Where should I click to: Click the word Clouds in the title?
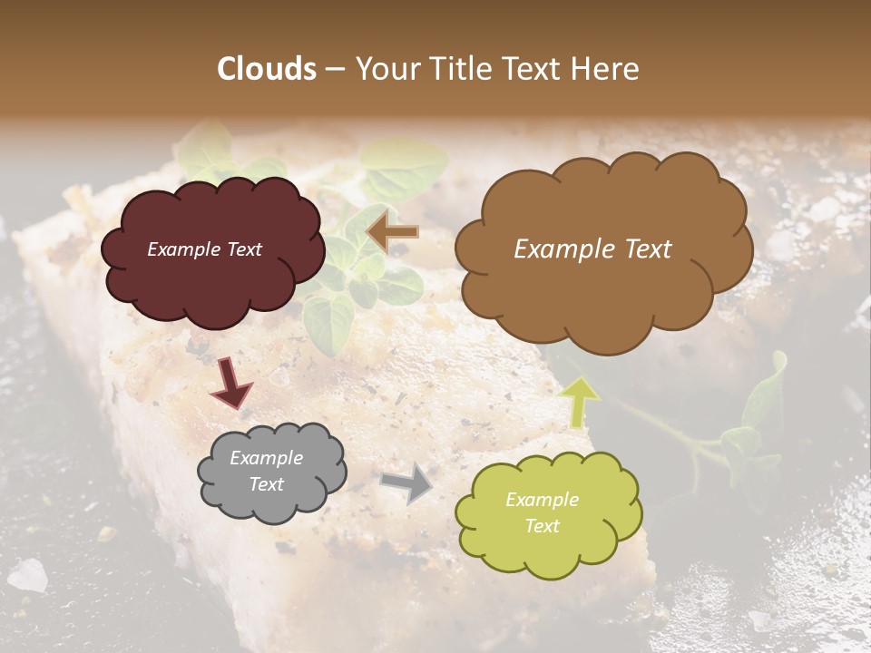pos(267,69)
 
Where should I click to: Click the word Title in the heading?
pos(459,69)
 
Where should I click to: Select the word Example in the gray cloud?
pos(267,458)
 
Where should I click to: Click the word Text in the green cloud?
pos(542,526)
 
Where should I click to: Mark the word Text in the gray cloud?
pos(267,484)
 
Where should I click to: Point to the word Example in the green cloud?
pos(542,500)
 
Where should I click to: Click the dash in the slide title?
pos(335,69)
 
